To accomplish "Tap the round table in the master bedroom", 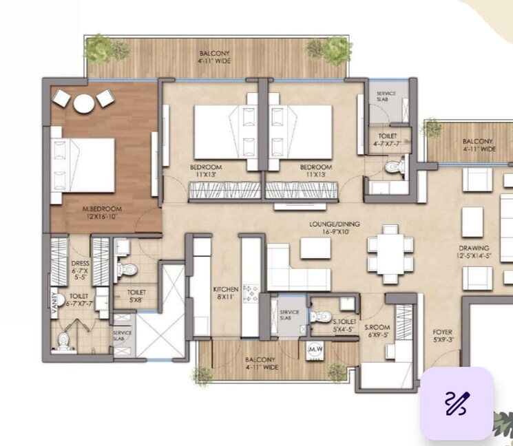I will pyautogui.click(x=84, y=103).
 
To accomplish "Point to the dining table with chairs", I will pyautogui.click(x=390, y=254).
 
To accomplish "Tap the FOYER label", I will pyautogui.click(x=443, y=335).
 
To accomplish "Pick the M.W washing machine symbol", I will pyautogui.click(x=315, y=349).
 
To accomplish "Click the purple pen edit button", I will pyautogui.click(x=457, y=403).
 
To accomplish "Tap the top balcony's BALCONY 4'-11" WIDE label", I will pyautogui.click(x=215, y=57).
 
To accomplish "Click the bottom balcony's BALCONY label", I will pyautogui.click(x=260, y=363).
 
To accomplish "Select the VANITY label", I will pyautogui.click(x=54, y=304).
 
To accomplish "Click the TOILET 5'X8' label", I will pyautogui.click(x=136, y=296).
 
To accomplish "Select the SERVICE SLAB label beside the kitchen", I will pyautogui.click(x=288, y=317).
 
